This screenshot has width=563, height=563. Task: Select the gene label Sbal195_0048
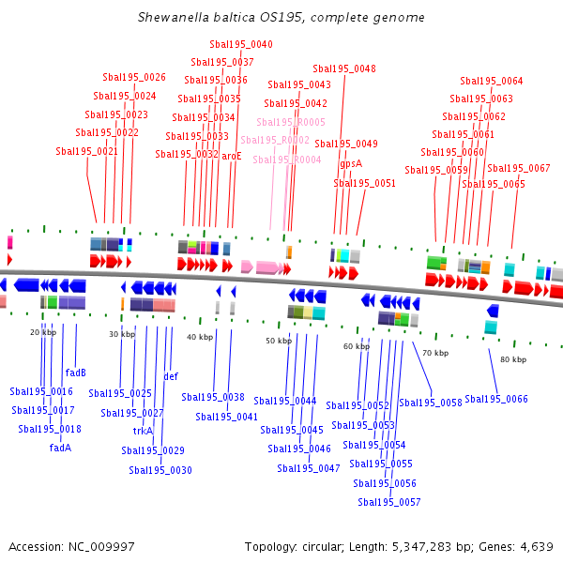click(344, 68)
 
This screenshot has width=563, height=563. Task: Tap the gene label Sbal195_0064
click(492, 82)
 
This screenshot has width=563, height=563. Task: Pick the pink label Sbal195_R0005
click(291, 122)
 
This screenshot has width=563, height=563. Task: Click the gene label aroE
click(232, 156)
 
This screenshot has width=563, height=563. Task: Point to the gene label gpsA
click(351, 163)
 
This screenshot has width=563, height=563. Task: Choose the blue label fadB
click(76, 373)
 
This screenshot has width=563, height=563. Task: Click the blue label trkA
click(143, 431)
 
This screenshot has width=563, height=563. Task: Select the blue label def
click(171, 376)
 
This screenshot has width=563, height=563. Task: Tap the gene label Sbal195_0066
click(496, 399)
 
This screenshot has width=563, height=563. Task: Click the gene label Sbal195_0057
click(389, 502)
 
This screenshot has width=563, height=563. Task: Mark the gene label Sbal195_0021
click(87, 151)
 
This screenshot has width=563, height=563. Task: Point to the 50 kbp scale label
click(279, 341)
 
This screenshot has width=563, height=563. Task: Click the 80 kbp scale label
click(513, 359)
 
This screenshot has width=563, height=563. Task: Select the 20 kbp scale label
click(43, 332)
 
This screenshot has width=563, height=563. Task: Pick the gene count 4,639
click(533, 546)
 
